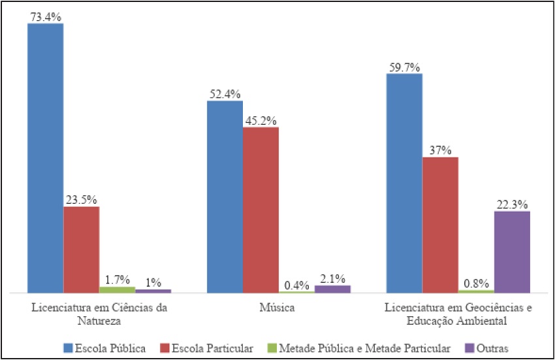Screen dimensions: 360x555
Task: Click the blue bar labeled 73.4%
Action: tap(45, 157)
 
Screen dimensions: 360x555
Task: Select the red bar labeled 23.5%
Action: tap(81, 249)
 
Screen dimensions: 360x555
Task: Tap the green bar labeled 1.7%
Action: tap(117, 289)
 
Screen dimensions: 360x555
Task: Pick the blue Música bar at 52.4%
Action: tap(225, 196)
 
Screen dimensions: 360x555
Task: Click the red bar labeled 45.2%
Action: tap(261, 209)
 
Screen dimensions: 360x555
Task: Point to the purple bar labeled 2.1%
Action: tap(332, 289)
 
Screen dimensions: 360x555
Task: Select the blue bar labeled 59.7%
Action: tap(404, 182)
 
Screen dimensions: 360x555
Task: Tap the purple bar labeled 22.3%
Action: tap(512, 252)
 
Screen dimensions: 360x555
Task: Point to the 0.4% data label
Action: tap(296, 285)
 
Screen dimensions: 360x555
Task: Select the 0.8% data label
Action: tap(476, 284)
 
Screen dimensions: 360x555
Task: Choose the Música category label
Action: tap(279, 308)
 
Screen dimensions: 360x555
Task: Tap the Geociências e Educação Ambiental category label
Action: tap(458, 314)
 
